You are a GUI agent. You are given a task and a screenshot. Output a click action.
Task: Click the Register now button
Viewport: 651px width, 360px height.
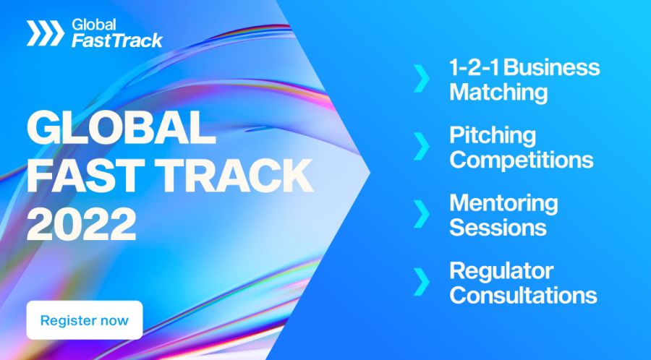tap(85, 320)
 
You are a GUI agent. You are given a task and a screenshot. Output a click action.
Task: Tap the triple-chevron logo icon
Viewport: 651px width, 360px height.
tap(45, 33)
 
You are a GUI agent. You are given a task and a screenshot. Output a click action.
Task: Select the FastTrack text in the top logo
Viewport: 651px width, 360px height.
tap(116, 40)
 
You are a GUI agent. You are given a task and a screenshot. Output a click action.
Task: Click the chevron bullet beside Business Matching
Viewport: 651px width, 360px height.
tap(421, 80)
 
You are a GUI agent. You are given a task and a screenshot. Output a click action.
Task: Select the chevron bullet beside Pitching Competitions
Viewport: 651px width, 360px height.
tap(421, 147)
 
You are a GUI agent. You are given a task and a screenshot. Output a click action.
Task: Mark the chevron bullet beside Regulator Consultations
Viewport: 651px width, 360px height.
tap(421, 282)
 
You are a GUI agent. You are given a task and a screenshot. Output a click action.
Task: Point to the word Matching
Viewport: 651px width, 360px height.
tap(498, 93)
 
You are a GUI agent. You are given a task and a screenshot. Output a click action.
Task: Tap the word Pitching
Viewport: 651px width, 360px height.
tap(493, 136)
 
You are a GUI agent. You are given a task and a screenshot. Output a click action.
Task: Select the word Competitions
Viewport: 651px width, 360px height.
tap(521, 160)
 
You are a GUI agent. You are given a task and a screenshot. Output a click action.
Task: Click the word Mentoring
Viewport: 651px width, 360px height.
tap(503, 203)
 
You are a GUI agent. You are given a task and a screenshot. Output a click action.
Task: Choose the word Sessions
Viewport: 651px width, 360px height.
tap(498, 227)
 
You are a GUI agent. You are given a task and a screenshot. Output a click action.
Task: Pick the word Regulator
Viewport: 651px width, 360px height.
tap(501, 271)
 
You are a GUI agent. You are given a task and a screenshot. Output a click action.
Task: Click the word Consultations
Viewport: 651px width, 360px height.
tap(523, 295)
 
